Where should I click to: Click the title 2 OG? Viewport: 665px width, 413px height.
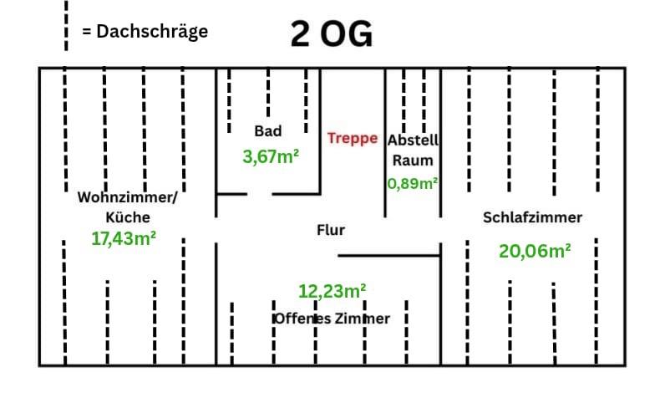(332, 34)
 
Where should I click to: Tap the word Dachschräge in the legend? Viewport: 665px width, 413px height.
(152, 32)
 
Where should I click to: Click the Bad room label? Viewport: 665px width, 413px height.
(268, 130)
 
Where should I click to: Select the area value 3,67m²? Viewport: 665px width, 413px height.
(271, 156)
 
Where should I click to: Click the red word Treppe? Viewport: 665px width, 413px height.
(353, 138)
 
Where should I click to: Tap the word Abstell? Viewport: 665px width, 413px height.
(414, 140)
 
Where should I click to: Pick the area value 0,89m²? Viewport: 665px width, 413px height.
(414, 182)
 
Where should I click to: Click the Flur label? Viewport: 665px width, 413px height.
(331, 229)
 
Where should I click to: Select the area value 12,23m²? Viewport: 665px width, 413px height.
(332, 291)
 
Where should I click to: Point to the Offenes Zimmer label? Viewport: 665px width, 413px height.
(332, 319)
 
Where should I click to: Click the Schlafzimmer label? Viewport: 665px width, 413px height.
(532, 217)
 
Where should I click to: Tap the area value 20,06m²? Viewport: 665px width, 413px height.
(535, 250)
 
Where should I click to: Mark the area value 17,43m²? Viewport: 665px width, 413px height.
(124, 238)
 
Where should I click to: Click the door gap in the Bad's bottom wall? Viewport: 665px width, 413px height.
(260, 194)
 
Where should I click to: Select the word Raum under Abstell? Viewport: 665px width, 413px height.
(413, 160)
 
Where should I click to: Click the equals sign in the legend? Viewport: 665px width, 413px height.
(86, 33)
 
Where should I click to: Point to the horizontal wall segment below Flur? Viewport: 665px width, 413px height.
(388, 255)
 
